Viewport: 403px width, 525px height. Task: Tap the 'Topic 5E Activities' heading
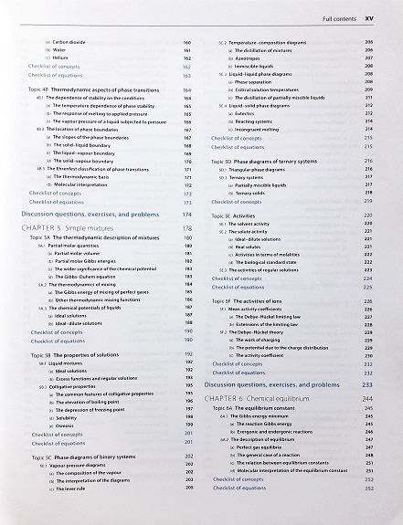[x=239, y=215]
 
